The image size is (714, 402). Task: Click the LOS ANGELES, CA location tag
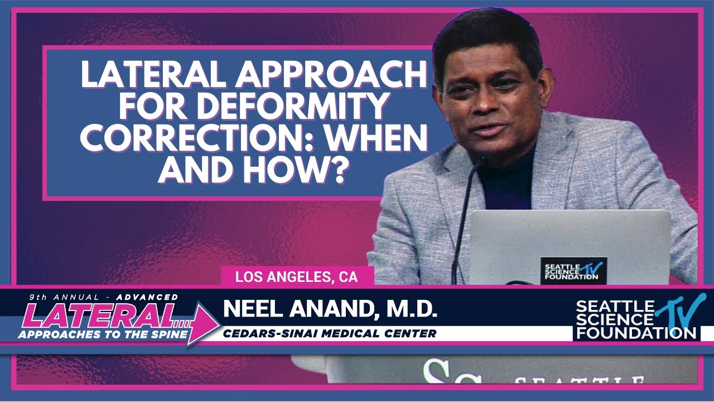tap(296, 276)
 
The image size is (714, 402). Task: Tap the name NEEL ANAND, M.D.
tap(330, 309)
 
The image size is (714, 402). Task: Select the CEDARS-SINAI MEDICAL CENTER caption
tap(330, 334)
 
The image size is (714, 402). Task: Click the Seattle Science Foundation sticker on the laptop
tap(573, 270)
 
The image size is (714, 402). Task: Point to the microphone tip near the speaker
tap(479, 161)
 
